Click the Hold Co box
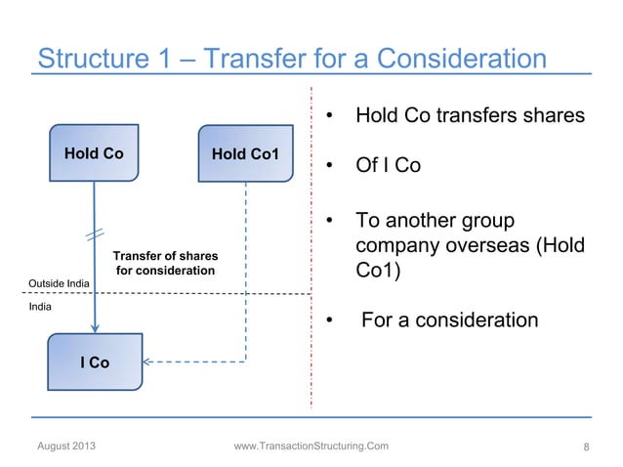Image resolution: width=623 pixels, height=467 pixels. [x=94, y=153]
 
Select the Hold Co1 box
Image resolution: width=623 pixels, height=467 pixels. [x=245, y=153]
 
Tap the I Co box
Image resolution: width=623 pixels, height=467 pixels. [x=94, y=362]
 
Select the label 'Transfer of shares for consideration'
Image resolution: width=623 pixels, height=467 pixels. [x=165, y=263]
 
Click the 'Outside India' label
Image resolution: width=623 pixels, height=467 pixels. [x=59, y=283]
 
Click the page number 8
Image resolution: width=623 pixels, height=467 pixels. [x=585, y=447]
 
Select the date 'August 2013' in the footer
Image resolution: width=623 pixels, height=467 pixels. [x=66, y=446]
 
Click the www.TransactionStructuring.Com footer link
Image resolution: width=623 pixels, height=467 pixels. [x=311, y=446]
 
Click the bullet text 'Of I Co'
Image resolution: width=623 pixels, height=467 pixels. [x=388, y=165]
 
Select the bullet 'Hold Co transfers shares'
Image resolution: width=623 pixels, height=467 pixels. [x=470, y=116]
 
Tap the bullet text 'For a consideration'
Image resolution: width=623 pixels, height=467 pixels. [x=449, y=319]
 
